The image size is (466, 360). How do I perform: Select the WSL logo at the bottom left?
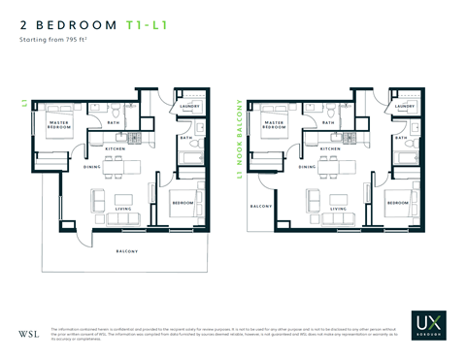[29, 335]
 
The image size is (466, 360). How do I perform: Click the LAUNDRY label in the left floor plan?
[189, 107]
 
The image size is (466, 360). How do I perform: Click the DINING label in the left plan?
[92, 167]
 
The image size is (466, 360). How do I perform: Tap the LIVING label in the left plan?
[123, 208]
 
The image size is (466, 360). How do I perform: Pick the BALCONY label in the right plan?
[260, 207]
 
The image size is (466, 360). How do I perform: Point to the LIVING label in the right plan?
[339, 208]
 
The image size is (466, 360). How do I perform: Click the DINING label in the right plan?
[308, 167]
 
